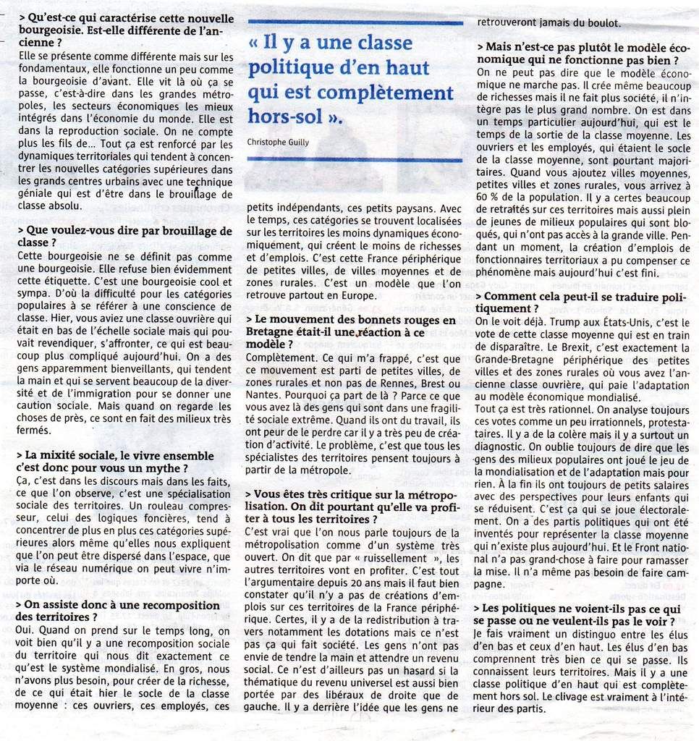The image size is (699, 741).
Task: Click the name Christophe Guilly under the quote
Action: (278, 142)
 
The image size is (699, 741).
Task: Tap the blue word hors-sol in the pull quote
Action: (287, 116)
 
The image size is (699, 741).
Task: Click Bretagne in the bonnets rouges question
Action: (269, 332)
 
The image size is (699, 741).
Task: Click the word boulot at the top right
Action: (585, 22)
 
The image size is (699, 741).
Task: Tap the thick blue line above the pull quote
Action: (355, 23)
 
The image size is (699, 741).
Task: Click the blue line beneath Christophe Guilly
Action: (355, 160)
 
